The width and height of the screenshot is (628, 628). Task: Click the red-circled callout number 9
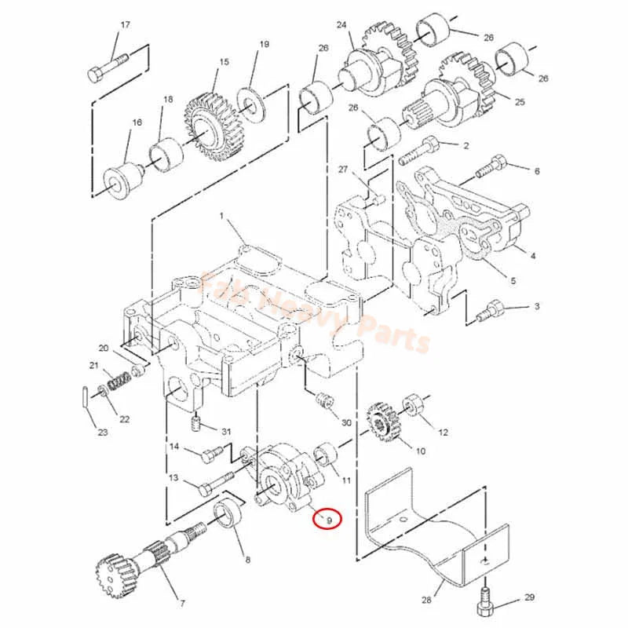click(329, 519)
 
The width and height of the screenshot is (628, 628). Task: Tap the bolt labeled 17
click(105, 67)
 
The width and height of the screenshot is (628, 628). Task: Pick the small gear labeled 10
click(382, 424)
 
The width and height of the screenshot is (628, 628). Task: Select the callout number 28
click(426, 601)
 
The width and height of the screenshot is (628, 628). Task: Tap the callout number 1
click(221, 215)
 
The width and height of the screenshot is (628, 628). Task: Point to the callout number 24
click(341, 25)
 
